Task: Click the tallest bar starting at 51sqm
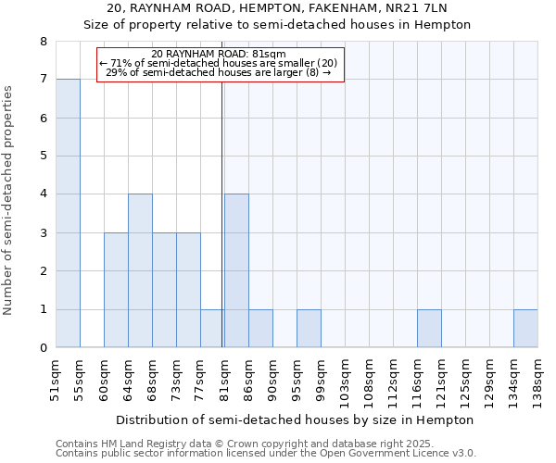pos(68,213)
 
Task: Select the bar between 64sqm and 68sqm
pos(140,270)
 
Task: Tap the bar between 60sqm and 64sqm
pos(116,290)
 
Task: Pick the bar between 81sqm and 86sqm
pos(236,270)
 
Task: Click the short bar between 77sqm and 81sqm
pos(212,329)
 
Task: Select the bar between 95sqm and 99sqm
pos(309,329)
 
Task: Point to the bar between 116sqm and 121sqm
pos(429,329)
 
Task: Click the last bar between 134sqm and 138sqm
pos(525,329)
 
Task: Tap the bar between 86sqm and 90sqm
pos(260,329)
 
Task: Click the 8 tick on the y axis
pos(43,42)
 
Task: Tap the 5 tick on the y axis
pos(43,156)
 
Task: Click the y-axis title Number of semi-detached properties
pos(9,199)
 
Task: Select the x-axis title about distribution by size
pos(295,419)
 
